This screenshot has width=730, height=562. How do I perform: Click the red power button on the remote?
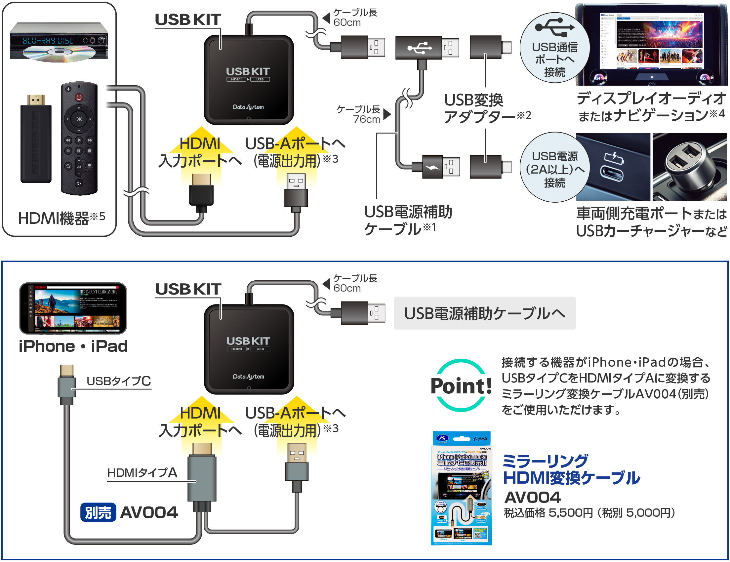coord(79,98)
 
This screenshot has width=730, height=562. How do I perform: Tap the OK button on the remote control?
coord(79,119)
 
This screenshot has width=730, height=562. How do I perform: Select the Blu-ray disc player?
coord(59,42)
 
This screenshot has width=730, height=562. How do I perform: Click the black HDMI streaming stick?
coord(36,140)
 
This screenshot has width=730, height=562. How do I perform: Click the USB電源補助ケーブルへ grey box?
coord(484,313)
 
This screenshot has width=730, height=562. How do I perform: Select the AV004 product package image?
coord(462,488)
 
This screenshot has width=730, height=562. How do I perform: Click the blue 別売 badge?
coord(98,512)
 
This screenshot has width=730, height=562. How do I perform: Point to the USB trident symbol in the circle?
coord(555,27)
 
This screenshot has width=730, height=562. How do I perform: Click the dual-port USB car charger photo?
coord(689,167)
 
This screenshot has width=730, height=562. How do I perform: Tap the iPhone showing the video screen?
coord(73,308)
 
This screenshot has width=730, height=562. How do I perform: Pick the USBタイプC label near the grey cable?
coord(119,381)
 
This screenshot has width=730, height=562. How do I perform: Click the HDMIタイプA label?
coord(142,472)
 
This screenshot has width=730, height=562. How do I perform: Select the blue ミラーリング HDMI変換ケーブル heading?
coord(571,469)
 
